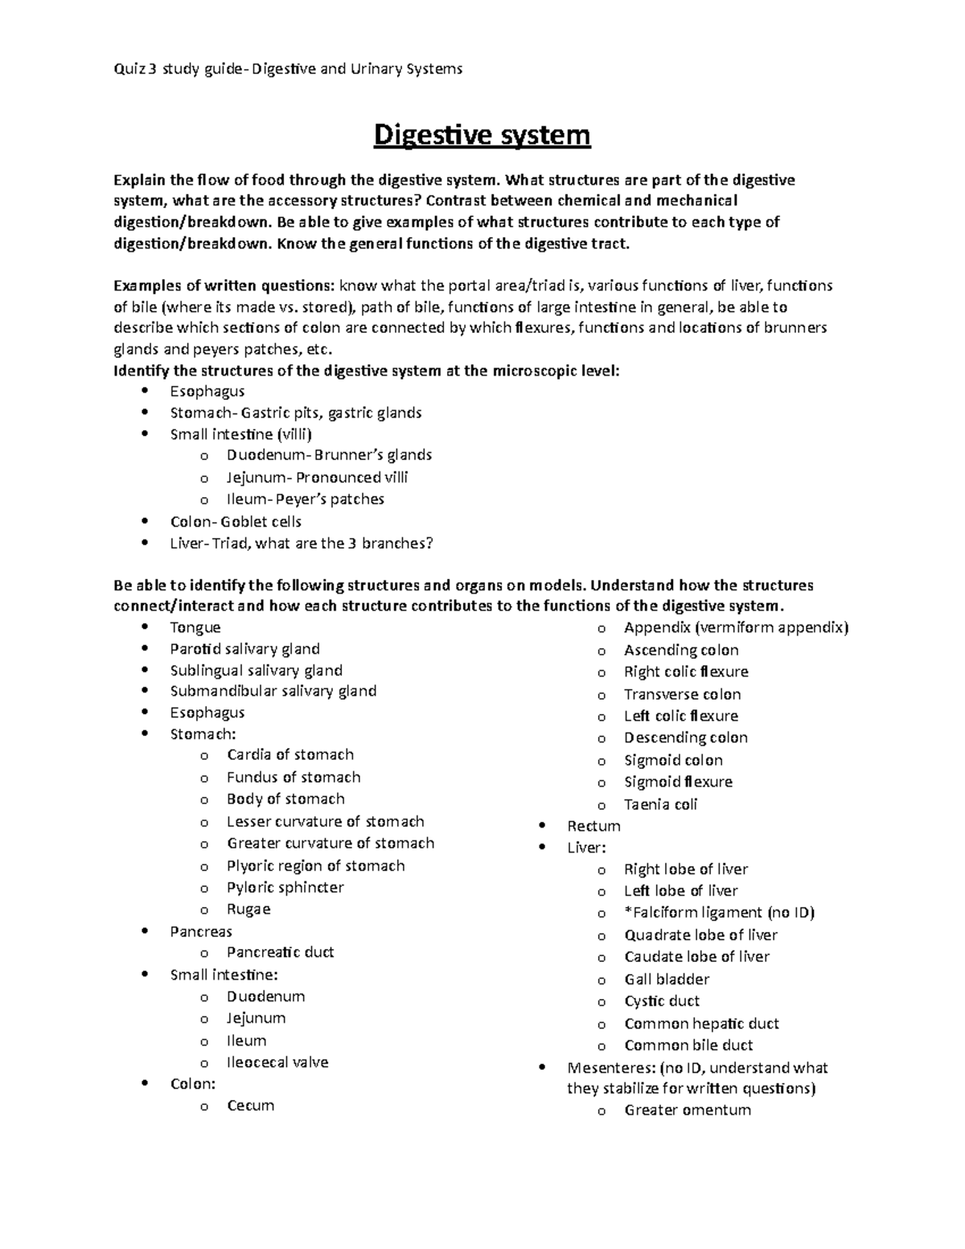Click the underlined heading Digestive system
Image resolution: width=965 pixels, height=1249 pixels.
[x=482, y=135]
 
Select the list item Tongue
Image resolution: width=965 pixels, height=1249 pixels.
[x=195, y=627]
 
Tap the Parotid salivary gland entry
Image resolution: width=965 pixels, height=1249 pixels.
[x=244, y=649]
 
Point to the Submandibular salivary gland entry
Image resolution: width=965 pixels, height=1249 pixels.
[x=273, y=691]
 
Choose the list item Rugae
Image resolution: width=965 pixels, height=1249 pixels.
[x=248, y=910]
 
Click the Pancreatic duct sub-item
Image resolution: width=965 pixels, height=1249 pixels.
[x=280, y=952]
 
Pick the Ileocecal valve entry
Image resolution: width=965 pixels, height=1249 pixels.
[x=277, y=1062]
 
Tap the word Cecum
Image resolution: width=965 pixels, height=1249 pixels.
[x=250, y=1106]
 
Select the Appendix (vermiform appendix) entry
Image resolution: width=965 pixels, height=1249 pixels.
[x=736, y=628]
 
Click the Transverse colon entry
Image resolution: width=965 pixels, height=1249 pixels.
[x=682, y=694]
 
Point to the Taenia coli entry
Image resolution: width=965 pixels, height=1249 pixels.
[x=660, y=804]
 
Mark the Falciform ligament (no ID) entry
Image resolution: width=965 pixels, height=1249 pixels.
[x=719, y=913]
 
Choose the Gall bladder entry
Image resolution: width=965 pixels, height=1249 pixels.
[x=667, y=980]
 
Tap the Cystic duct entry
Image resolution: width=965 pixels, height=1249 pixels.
[x=662, y=1001]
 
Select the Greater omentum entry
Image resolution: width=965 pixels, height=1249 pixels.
[x=688, y=1111]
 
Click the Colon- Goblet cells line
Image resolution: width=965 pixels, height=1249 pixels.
[x=236, y=522]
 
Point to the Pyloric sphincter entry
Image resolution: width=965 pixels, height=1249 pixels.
[x=285, y=888]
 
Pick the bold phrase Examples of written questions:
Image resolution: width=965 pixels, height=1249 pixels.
[x=224, y=286]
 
